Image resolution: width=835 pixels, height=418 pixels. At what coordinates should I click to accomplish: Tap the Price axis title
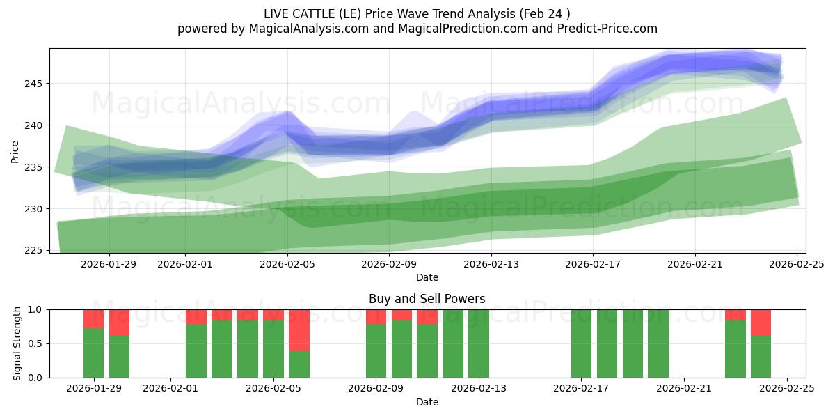point(15,150)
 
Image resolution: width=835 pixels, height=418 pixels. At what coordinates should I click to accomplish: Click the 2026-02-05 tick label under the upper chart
point(287,264)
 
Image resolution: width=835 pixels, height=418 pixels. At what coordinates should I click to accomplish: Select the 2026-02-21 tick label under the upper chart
point(695,264)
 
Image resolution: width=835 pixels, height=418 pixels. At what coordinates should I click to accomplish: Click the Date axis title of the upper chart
point(427,277)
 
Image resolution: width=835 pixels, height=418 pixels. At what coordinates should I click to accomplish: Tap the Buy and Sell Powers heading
point(427,299)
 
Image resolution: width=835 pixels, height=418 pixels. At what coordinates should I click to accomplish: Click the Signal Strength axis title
point(17,343)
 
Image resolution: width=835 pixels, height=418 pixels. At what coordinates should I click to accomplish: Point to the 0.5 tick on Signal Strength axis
point(35,343)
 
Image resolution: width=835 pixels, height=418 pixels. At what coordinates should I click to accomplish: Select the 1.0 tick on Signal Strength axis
point(35,309)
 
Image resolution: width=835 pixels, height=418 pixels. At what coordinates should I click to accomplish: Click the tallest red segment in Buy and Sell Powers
point(299,330)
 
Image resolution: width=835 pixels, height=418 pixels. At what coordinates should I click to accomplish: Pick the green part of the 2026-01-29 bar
point(93,353)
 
